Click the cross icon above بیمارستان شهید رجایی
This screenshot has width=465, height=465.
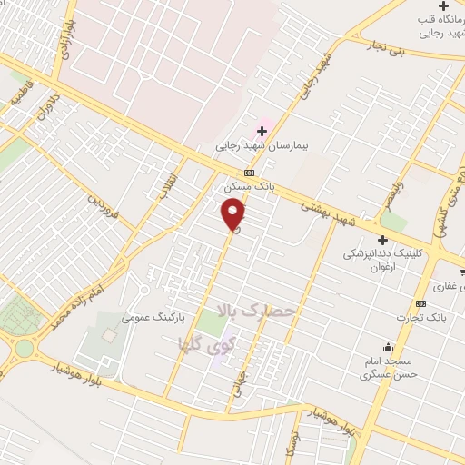click(x=262, y=131)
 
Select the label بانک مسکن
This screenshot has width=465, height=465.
click(x=248, y=187)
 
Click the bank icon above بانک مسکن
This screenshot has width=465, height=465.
click(x=248, y=173)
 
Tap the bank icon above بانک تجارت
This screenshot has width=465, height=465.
click(x=420, y=302)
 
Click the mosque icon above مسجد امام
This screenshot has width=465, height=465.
click(x=389, y=347)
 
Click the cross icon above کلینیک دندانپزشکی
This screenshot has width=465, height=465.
click(x=382, y=240)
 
